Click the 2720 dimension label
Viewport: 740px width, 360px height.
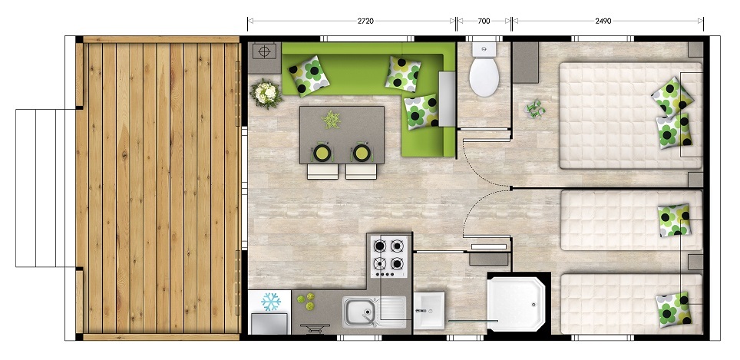coord(365,21)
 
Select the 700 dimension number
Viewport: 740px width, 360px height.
coord(484,21)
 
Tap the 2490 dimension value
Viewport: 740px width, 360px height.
coord(603,21)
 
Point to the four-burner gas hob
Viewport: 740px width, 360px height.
coord(389,257)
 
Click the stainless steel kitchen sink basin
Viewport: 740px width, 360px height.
coord(358,312)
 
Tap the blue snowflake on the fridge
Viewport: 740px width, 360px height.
coord(271,302)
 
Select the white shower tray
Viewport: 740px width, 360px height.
coord(517,304)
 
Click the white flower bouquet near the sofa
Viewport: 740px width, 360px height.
coord(266,93)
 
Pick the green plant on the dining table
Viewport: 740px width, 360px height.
coord(332,120)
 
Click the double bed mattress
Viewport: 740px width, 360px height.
coord(630,116)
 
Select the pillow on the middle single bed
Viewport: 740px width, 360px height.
coord(675,220)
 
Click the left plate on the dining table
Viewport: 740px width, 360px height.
coord(322,153)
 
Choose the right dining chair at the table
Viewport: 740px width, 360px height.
coord(361,171)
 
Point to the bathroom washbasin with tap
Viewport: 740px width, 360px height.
coord(429,310)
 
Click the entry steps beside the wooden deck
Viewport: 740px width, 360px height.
coord(46,188)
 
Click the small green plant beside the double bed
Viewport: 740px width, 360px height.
coord(535,109)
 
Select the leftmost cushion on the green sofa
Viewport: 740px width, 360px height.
coord(309,75)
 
